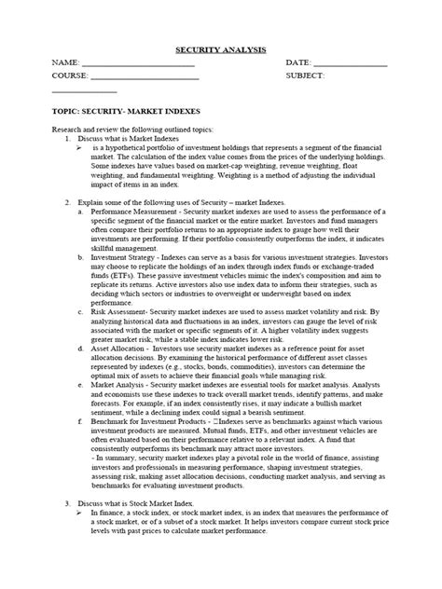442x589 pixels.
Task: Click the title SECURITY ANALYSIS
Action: pos(221,49)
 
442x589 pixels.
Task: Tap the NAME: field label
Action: pos(66,63)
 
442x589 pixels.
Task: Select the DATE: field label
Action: pos(300,63)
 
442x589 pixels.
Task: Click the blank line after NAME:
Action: pos(140,65)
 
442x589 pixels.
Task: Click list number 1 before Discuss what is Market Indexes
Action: pos(68,138)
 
